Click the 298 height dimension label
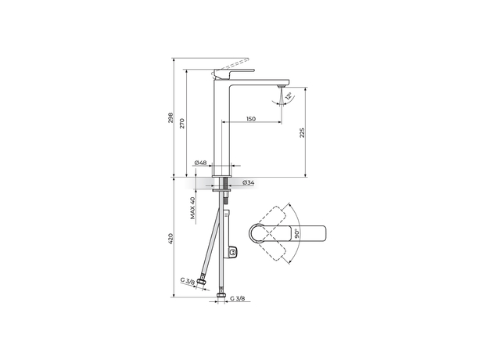170,117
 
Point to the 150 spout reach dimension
250,119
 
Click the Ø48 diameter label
201,163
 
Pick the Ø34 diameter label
247,182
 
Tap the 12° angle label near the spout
289,95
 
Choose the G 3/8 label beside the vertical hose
239,298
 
